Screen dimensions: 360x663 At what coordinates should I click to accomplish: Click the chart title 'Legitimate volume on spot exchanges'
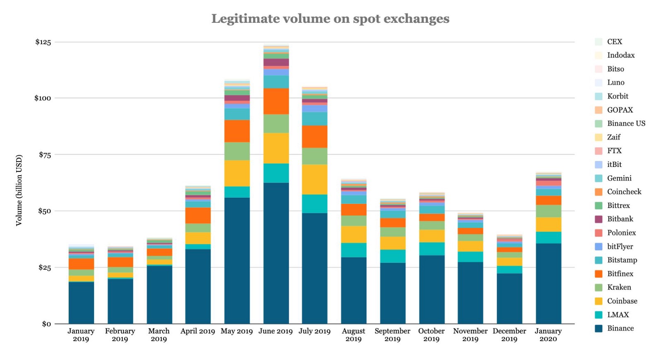click(x=330, y=19)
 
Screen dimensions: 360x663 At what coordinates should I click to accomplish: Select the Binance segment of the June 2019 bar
click(x=276, y=253)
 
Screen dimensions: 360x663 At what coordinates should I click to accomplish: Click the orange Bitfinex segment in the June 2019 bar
click(x=276, y=101)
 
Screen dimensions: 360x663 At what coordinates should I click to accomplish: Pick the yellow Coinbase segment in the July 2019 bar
click(x=315, y=179)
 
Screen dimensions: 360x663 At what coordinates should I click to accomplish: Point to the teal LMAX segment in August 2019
click(x=353, y=250)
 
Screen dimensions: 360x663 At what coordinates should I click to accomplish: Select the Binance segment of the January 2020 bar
click(x=548, y=283)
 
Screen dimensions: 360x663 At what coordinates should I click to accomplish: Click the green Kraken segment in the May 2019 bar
click(x=237, y=151)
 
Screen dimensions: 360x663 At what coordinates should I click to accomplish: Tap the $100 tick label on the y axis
click(x=43, y=98)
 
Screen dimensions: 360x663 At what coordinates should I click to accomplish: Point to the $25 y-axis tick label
click(x=44, y=267)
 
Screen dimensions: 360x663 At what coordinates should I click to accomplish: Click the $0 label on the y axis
click(x=46, y=324)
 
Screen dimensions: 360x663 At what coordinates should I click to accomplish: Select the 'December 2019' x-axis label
click(x=509, y=335)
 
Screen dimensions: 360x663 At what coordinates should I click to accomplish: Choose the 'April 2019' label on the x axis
click(x=198, y=331)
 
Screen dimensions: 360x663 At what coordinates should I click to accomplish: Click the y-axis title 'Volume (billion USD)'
click(x=19, y=190)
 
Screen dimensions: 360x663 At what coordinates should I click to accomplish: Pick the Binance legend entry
click(x=620, y=328)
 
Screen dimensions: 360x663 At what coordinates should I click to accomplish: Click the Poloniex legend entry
click(x=621, y=233)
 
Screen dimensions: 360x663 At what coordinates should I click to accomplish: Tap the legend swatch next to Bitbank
click(x=598, y=219)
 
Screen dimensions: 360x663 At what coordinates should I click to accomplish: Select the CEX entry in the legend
click(x=615, y=41)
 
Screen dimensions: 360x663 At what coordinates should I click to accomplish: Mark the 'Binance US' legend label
click(x=626, y=123)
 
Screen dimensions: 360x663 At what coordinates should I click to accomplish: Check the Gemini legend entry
click(x=619, y=178)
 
